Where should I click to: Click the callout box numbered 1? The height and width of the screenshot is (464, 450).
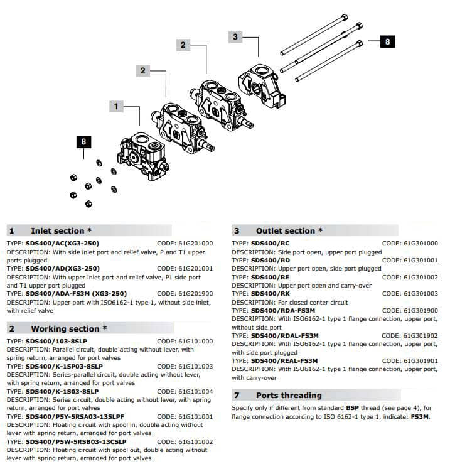coord(115,107)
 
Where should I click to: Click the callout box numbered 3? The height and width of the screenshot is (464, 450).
coord(235,36)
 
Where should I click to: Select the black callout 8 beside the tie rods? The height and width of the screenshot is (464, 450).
coord(387,42)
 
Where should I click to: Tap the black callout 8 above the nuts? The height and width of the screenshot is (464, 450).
coord(84,142)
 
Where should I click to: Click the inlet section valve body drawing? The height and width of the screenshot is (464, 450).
coord(142,154)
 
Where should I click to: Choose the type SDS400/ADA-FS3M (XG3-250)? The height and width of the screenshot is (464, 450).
coord(76,293)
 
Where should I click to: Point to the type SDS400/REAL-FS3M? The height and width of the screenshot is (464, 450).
coord(284,360)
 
